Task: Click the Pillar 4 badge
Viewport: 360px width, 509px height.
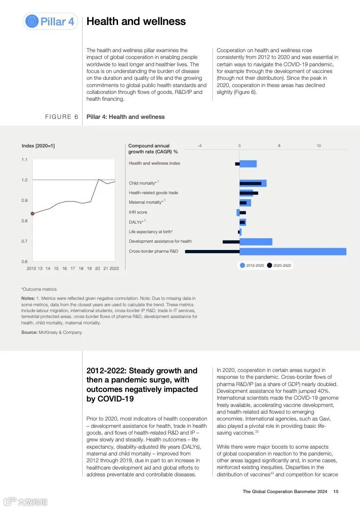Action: point(50,21)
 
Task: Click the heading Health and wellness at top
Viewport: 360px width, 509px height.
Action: point(136,21)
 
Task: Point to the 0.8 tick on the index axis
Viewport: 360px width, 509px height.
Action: point(24,221)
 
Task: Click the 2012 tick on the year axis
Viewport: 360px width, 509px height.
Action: point(31,268)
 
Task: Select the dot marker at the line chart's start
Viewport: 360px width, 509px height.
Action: point(32,213)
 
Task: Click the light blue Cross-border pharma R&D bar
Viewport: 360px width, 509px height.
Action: point(293,251)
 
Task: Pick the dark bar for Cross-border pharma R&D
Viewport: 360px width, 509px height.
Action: point(212,251)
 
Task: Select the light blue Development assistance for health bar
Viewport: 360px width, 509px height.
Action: point(256,242)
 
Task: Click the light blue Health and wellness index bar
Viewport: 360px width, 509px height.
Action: point(248,164)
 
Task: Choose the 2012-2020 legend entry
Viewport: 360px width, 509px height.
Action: point(252,265)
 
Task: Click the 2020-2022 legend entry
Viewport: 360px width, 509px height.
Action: point(279,265)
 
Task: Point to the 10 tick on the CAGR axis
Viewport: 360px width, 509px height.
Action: point(319,146)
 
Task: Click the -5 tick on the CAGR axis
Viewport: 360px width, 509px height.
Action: point(200,146)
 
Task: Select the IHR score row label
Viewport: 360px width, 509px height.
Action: point(138,212)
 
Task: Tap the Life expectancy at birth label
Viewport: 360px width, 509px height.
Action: point(151,232)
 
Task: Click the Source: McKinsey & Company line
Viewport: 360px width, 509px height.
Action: point(52,333)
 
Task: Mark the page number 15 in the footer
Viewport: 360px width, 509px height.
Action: point(336,491)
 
